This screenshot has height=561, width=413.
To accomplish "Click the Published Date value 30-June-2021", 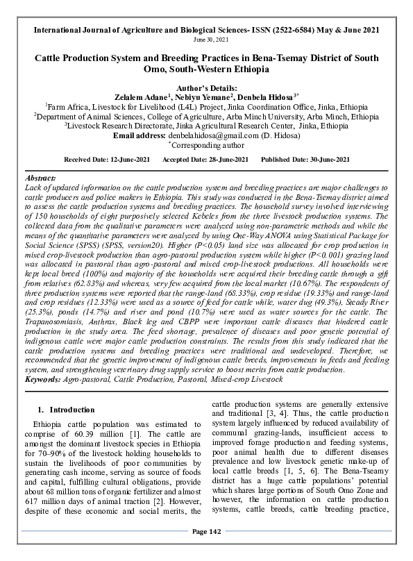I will pyautogui.click(x=323, y=160).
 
